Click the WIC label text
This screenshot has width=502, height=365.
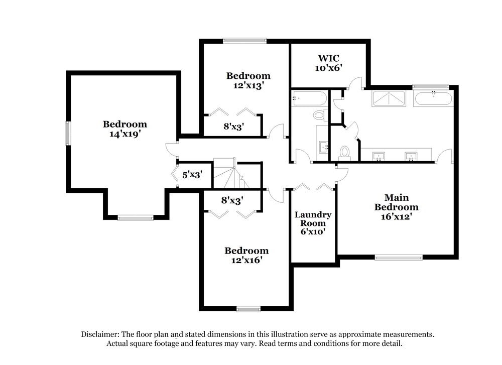click(328, 58)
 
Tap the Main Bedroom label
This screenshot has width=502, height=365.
click(397, 202)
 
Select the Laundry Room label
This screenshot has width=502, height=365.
click(313, 219)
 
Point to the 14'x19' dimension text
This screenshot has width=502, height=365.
click(125, 134)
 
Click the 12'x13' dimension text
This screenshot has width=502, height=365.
click(248, 85)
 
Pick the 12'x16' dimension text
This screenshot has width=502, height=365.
click(247, 260)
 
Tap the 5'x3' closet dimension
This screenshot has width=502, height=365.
click(192, 175)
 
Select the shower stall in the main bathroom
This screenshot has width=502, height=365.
click(389, 98)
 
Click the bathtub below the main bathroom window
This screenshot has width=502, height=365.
click(433, 98)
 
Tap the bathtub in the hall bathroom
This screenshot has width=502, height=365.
click(309, 98)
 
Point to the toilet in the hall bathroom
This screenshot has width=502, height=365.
click(320, 114)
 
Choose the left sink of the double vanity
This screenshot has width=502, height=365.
click(379, 157)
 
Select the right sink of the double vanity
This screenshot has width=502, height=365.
click(411, 157)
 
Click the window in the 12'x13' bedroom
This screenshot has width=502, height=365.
click(244, 41)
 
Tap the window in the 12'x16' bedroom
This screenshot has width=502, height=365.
click(248, 309)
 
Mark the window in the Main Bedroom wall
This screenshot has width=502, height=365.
click(399, 257)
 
